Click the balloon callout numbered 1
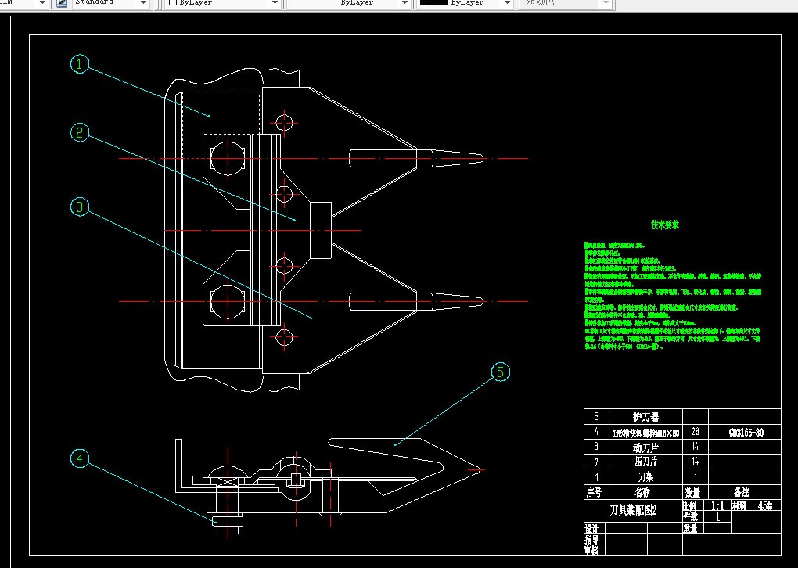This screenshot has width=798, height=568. tap(80, 64)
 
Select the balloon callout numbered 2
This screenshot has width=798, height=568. tap(80, 132)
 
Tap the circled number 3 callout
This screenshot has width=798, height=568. tap(80, 207)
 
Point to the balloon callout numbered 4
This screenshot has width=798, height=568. tap(80, 459)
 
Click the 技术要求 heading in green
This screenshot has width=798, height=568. tap(665, 225)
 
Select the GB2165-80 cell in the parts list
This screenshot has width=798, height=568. tap(746, 432)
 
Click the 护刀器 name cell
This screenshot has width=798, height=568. tap(645, 417)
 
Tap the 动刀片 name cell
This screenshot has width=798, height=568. tap(645, 447)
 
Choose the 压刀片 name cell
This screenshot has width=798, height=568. tap(645, 462)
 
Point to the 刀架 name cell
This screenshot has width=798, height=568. tap(645, 476)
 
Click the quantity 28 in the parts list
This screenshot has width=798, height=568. tap(694, 432)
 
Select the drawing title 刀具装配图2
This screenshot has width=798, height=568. tap(633, 510)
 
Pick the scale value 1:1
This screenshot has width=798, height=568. tap(716, 506)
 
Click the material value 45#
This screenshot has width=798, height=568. tap(764, 506)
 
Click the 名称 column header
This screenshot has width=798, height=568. tap(645, 492)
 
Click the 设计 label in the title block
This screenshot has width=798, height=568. tap(592, 528)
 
